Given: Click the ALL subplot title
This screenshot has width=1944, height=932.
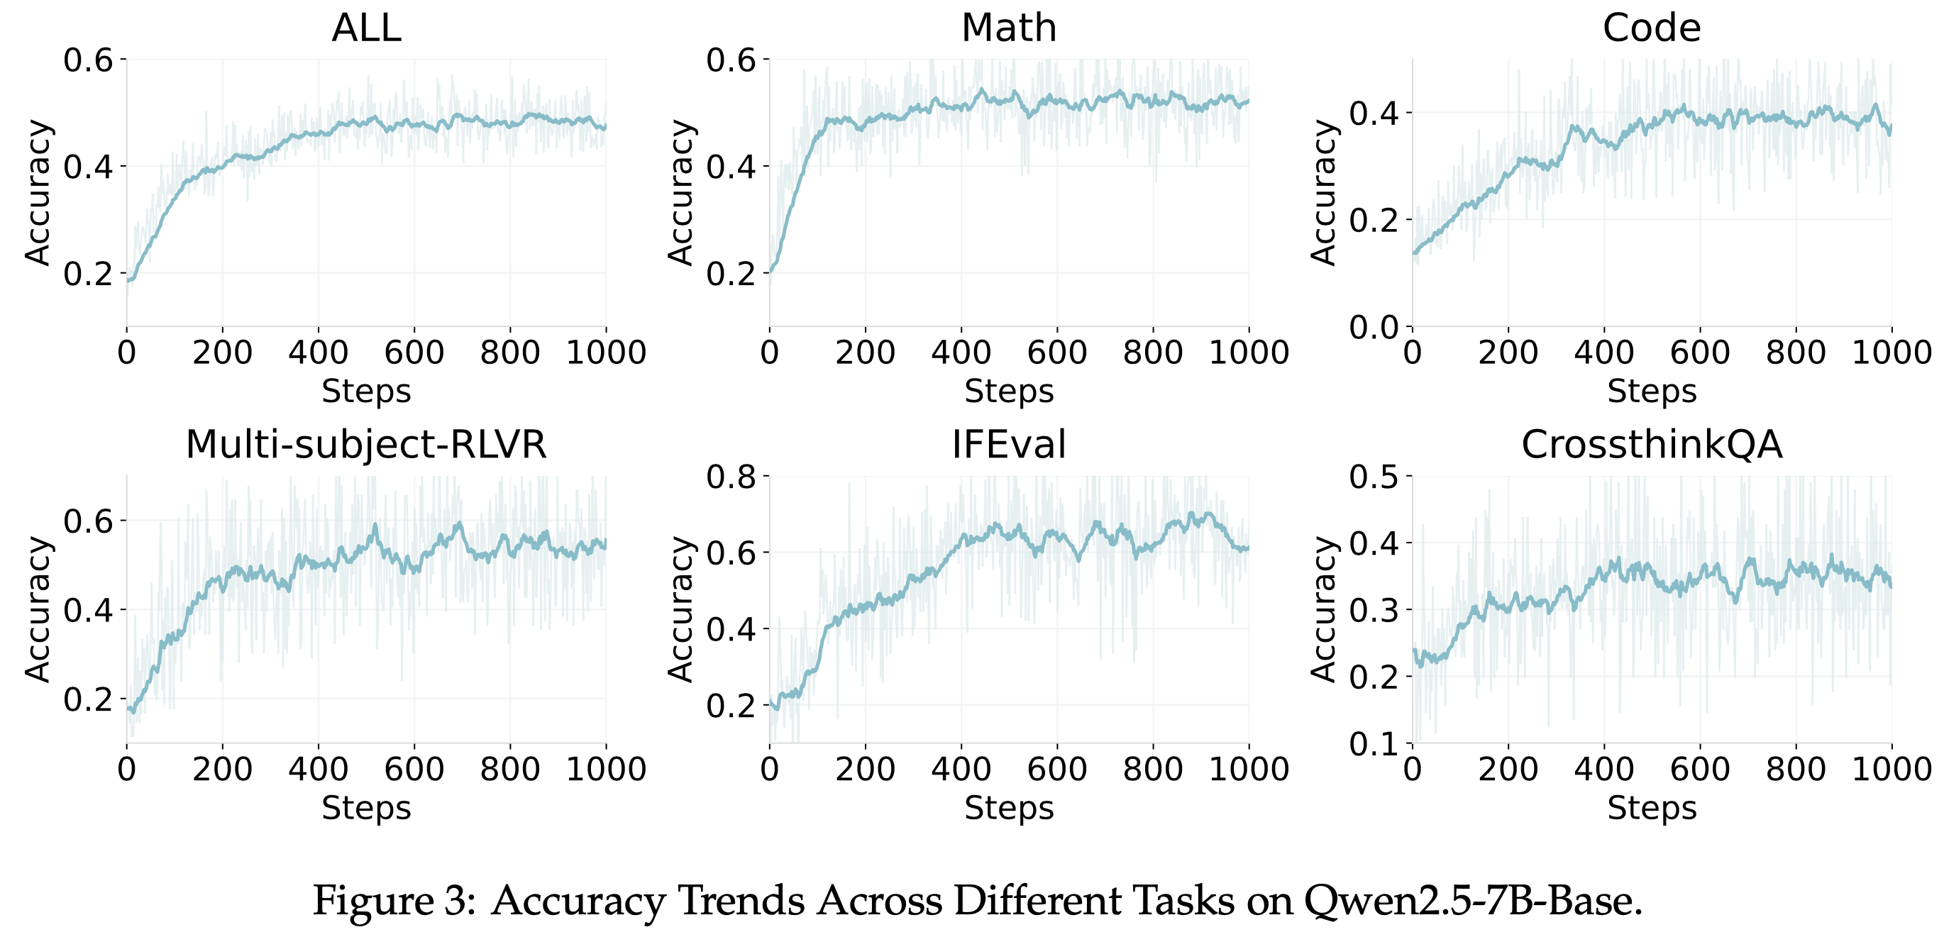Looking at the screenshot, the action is [366, 28].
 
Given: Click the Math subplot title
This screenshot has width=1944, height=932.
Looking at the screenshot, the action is [1009, 28].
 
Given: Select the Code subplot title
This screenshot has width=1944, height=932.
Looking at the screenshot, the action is [1652, 28].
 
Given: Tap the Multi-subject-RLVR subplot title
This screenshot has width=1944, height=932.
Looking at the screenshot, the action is [366, 445].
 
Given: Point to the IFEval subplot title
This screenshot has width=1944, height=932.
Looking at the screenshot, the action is [1009, 445].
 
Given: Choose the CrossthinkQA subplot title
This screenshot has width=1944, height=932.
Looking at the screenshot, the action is [1652, 445].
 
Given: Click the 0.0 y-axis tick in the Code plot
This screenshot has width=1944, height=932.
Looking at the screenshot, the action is [1374, 328].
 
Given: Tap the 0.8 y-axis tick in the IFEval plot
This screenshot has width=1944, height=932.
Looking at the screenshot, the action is [731, 477].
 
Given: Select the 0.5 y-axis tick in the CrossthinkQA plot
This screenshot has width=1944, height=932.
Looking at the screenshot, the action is [1374, 477].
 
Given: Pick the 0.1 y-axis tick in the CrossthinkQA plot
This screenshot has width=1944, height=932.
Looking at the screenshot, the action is [1374, 744].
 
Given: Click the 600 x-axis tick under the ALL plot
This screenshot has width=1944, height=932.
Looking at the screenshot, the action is [414, 353].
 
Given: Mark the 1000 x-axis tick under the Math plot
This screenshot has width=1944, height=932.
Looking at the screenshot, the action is [1249, 353].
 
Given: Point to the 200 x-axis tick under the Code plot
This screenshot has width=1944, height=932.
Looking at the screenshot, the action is [1508, 353].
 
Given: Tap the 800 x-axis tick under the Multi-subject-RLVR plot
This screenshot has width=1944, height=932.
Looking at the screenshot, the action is [510, 769].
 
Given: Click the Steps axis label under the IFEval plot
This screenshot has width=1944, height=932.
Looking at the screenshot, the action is [1009, 809].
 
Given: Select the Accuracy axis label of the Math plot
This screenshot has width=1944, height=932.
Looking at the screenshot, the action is [680, 192].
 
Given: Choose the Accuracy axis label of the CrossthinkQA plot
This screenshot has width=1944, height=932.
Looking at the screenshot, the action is [1324, 609].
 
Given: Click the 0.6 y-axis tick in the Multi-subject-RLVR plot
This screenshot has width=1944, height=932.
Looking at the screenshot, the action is [87, 521].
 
